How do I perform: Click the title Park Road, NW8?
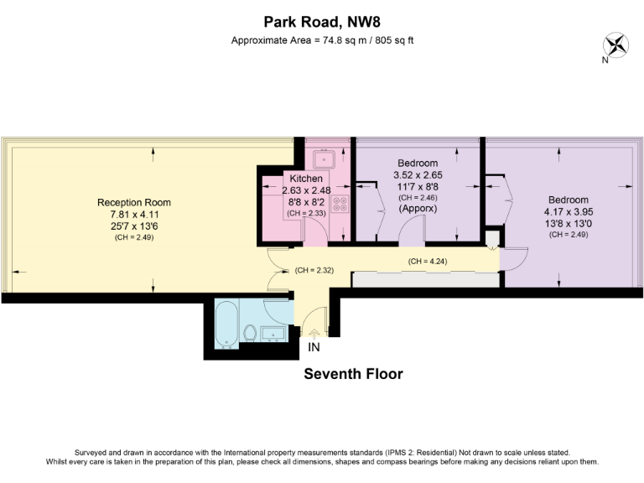(322, 22)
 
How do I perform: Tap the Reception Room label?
(134, 202)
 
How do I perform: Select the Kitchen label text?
(306, 179)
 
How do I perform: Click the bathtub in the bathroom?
(226, 326)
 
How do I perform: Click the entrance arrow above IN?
(314, 334)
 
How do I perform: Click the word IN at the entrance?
(314, 346)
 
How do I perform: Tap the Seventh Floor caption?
(353, 374)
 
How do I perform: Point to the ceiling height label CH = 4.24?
(427, 261)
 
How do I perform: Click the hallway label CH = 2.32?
(314, 270)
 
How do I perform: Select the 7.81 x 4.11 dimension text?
(134, 215)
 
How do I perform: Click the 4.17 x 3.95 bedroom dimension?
(568, 212)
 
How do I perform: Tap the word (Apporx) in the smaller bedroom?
(417, 208)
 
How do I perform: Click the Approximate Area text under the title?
(322, 40)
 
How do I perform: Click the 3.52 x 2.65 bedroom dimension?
(417, 174)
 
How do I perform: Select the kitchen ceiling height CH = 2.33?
(305, 214)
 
